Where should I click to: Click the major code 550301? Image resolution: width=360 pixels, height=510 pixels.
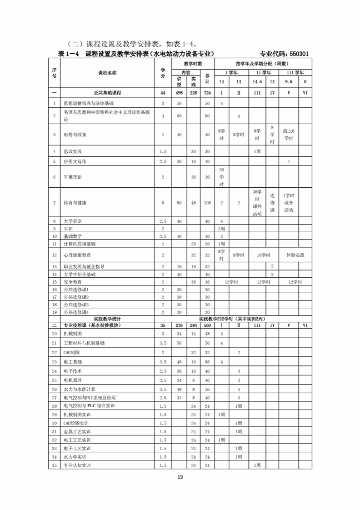coord(297,54)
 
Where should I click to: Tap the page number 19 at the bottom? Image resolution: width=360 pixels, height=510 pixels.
coord(180,477)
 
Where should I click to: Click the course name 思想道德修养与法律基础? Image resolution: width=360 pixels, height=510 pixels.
coord(89,103)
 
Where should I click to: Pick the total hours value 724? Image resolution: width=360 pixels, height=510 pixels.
coord(207,93)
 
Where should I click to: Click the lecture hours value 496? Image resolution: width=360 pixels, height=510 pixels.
coord(179,93)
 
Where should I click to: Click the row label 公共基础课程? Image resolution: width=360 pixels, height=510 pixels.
coord(108,93)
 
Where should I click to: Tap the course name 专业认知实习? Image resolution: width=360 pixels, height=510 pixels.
coord(80,465)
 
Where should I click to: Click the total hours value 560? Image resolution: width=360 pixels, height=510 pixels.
coord(207,325)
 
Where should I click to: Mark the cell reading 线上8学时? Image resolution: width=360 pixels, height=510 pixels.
coord(289,135)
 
